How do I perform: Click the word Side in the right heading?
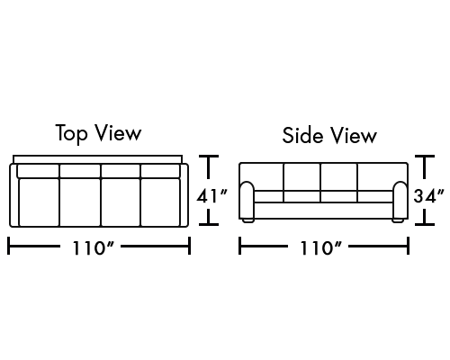pyautogui.click(x=303, y=135)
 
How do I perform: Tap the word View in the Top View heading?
pyautogui.click(x=118, y=133)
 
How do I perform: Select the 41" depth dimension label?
pyautogui.click(x=212, y=196)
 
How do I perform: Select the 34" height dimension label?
pyautogui.click(x=428, y=196)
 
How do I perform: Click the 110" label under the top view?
pyautogui.click(x=94, y=247)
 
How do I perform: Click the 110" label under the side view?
pyautogui.click(x=320, y=247)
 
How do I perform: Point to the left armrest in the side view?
pyautogui.click(x=247, y=200)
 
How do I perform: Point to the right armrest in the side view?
pyautogui.click(x=400, y=200)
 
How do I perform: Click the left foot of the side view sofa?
pyautogui.click(x=248, y=220)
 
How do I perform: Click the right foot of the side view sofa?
pyautogui.click(x=398, y=220)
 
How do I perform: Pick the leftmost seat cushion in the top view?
pyautogui.click(x=39, y=202)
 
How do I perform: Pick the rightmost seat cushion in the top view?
pyautogui.click(x=160, y=202)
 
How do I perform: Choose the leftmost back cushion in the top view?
pyautogui.click(x=38, y=171)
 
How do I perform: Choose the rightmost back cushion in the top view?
pyautogui.click(x=160, y=171)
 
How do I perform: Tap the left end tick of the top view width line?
pyautogui.click(x=8, y=246)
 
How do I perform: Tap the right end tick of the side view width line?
pyautogui.click(x=408, y=246)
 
